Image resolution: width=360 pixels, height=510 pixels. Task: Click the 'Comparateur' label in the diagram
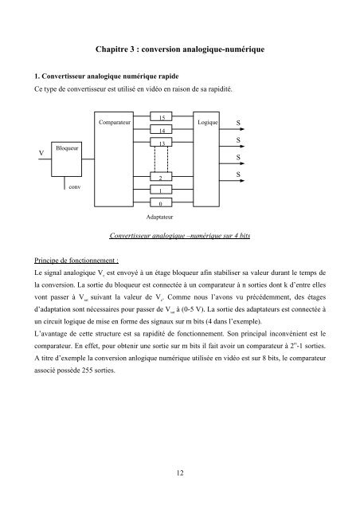(116, 124)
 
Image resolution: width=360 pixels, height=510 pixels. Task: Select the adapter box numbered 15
(161, 117)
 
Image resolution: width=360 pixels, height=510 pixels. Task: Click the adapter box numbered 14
(161, 129)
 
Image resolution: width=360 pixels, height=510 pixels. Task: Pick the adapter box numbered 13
(161, 143)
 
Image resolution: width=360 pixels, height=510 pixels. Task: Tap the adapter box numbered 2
(161, 179)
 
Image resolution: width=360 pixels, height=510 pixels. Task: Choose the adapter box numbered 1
(161, 191)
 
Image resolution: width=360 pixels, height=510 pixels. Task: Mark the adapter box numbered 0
(161, 204)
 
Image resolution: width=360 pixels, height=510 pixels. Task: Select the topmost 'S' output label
(239, 124)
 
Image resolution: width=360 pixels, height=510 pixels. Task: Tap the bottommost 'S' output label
(239, 173)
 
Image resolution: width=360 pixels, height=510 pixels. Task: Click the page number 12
(179, 472)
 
